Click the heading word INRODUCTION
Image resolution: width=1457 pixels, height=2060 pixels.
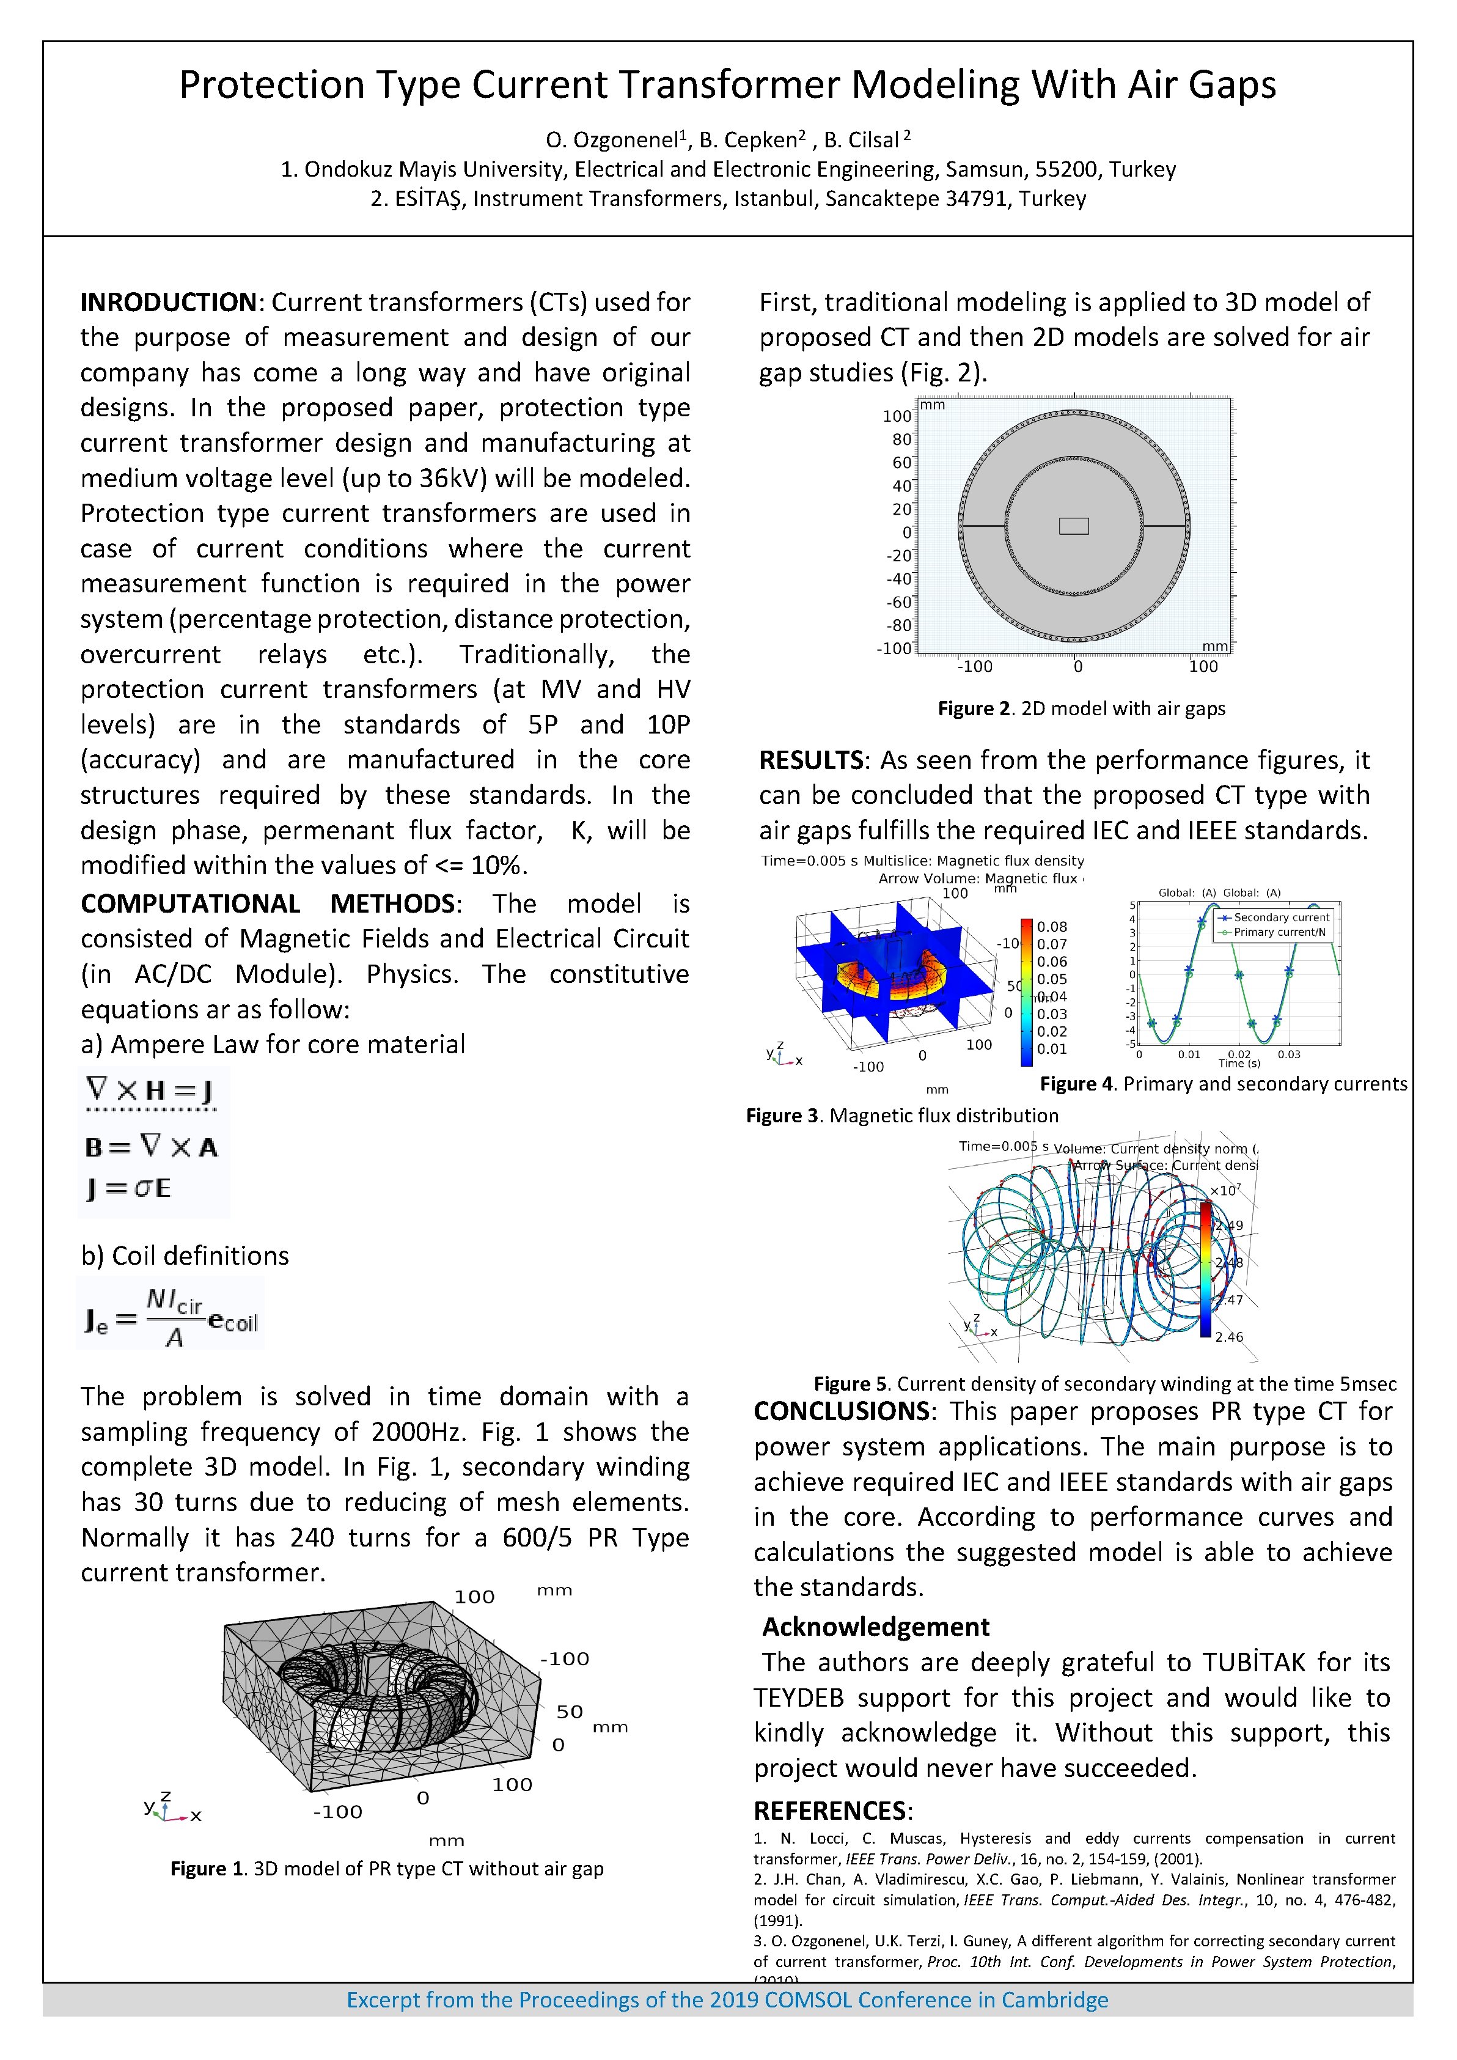coord(169,303)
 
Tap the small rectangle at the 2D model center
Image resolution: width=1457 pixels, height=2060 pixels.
coord(1074,526)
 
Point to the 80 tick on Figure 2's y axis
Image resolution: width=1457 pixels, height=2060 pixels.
coord(901,440)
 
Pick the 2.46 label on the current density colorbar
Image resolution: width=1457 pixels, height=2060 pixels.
coord(1229,1337)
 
